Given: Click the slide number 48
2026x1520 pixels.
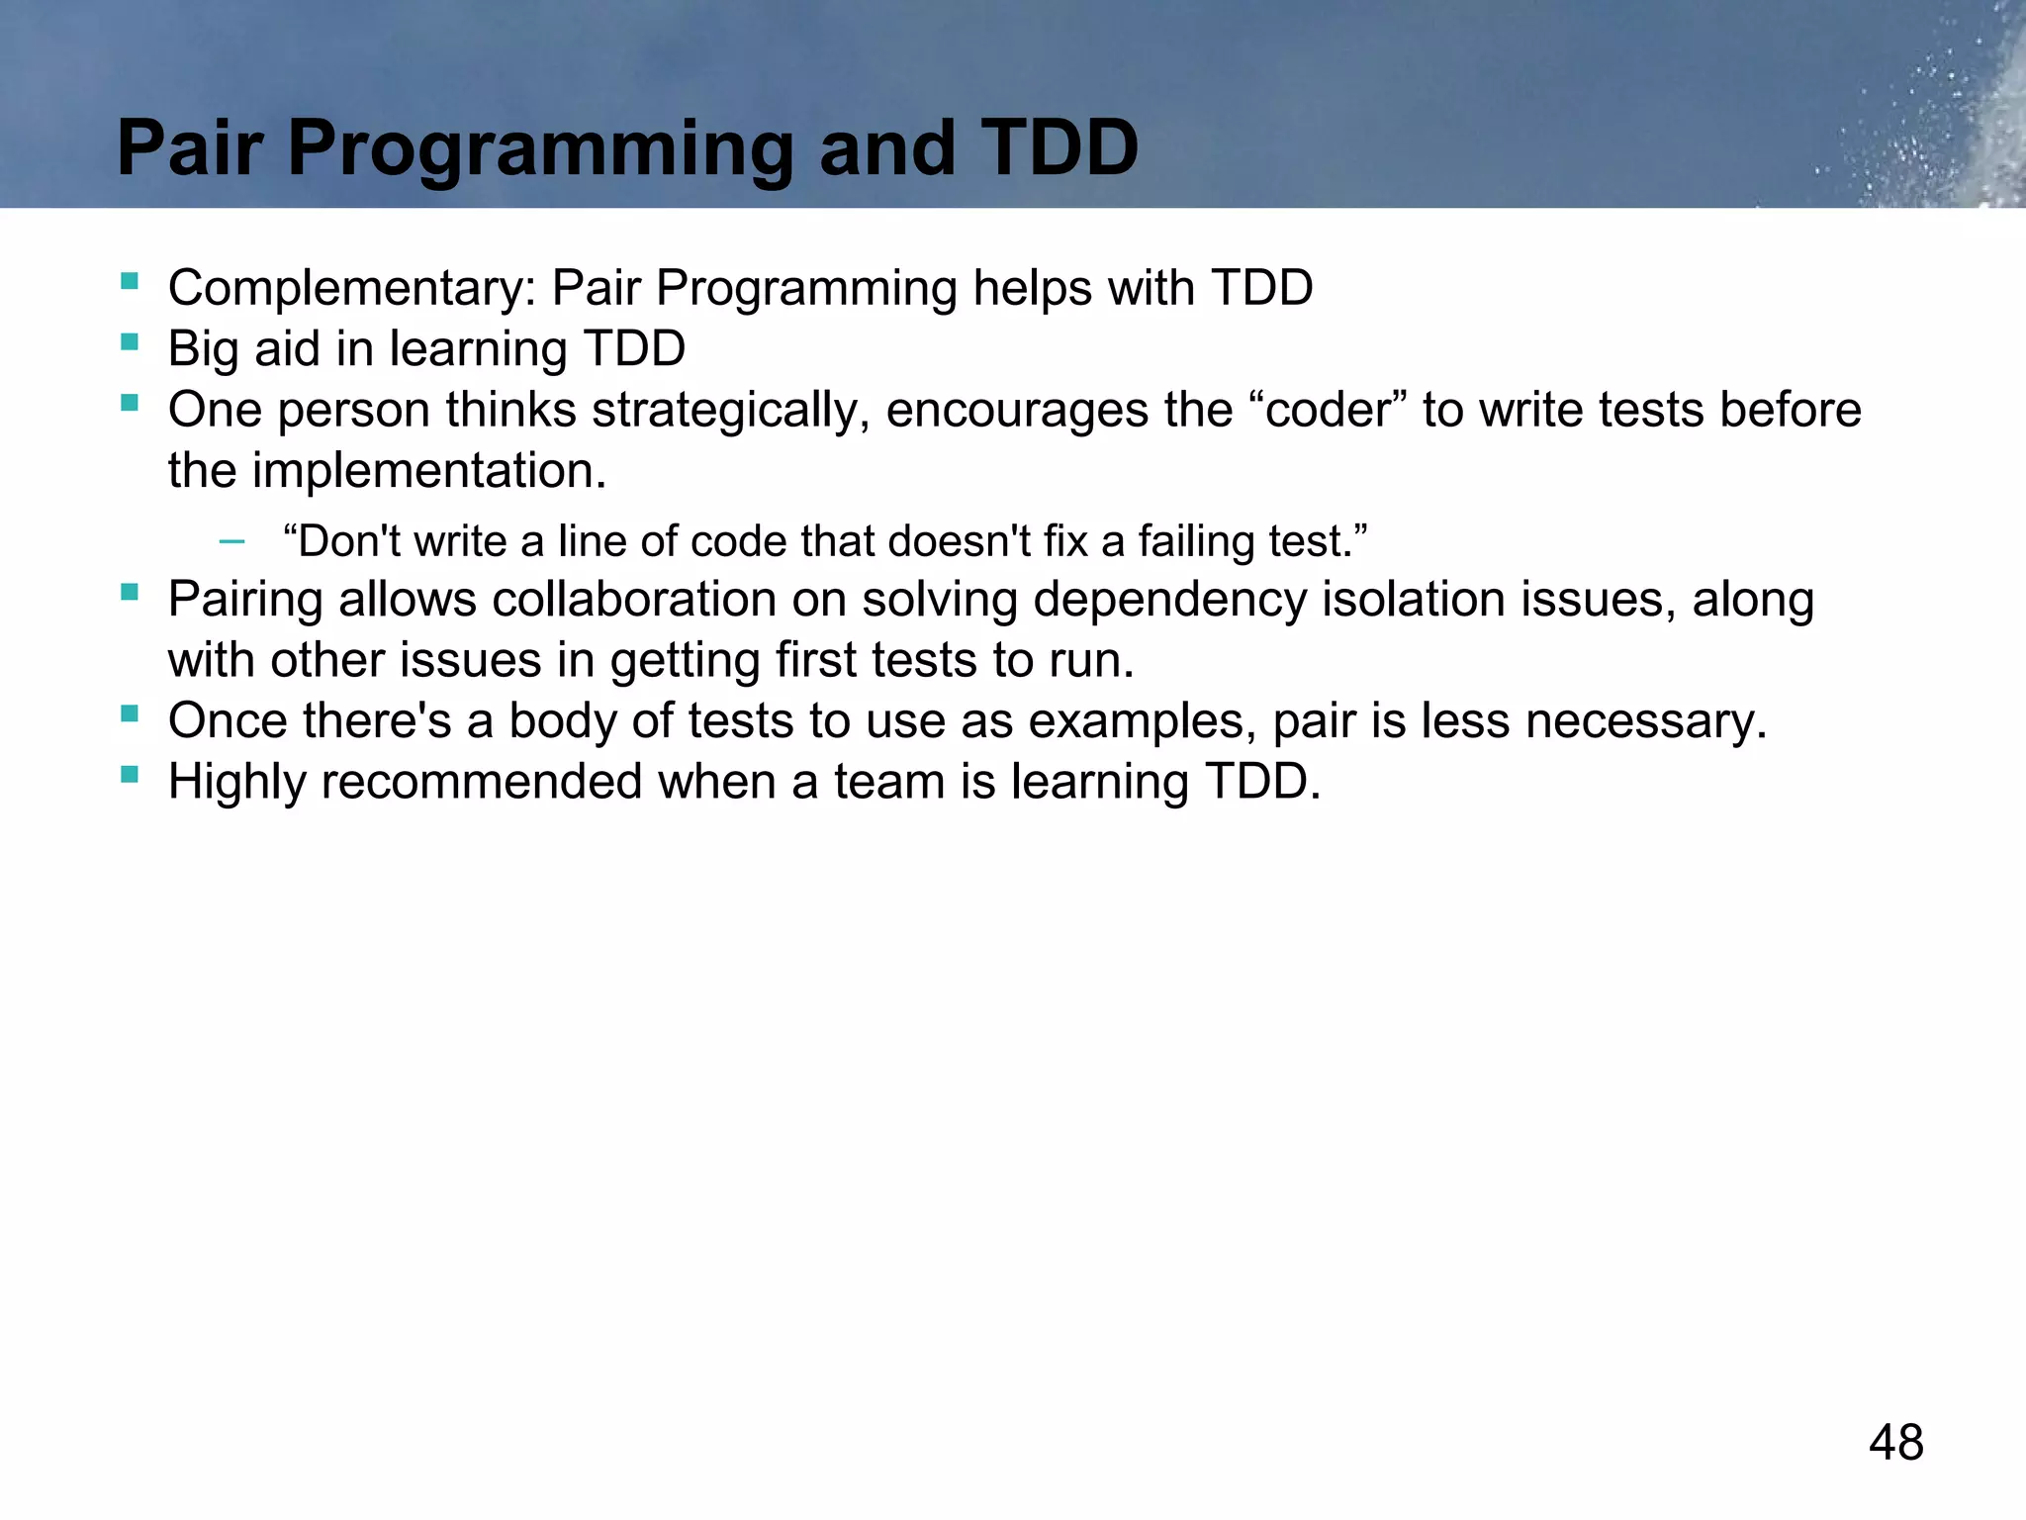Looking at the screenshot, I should [x=1895, y=1442].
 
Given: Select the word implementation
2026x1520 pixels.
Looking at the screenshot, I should [x=428, y=471].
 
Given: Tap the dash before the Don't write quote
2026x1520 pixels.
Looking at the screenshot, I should [x=231, y=541].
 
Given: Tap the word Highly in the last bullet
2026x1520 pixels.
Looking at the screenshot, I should [x=237, y=783].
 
